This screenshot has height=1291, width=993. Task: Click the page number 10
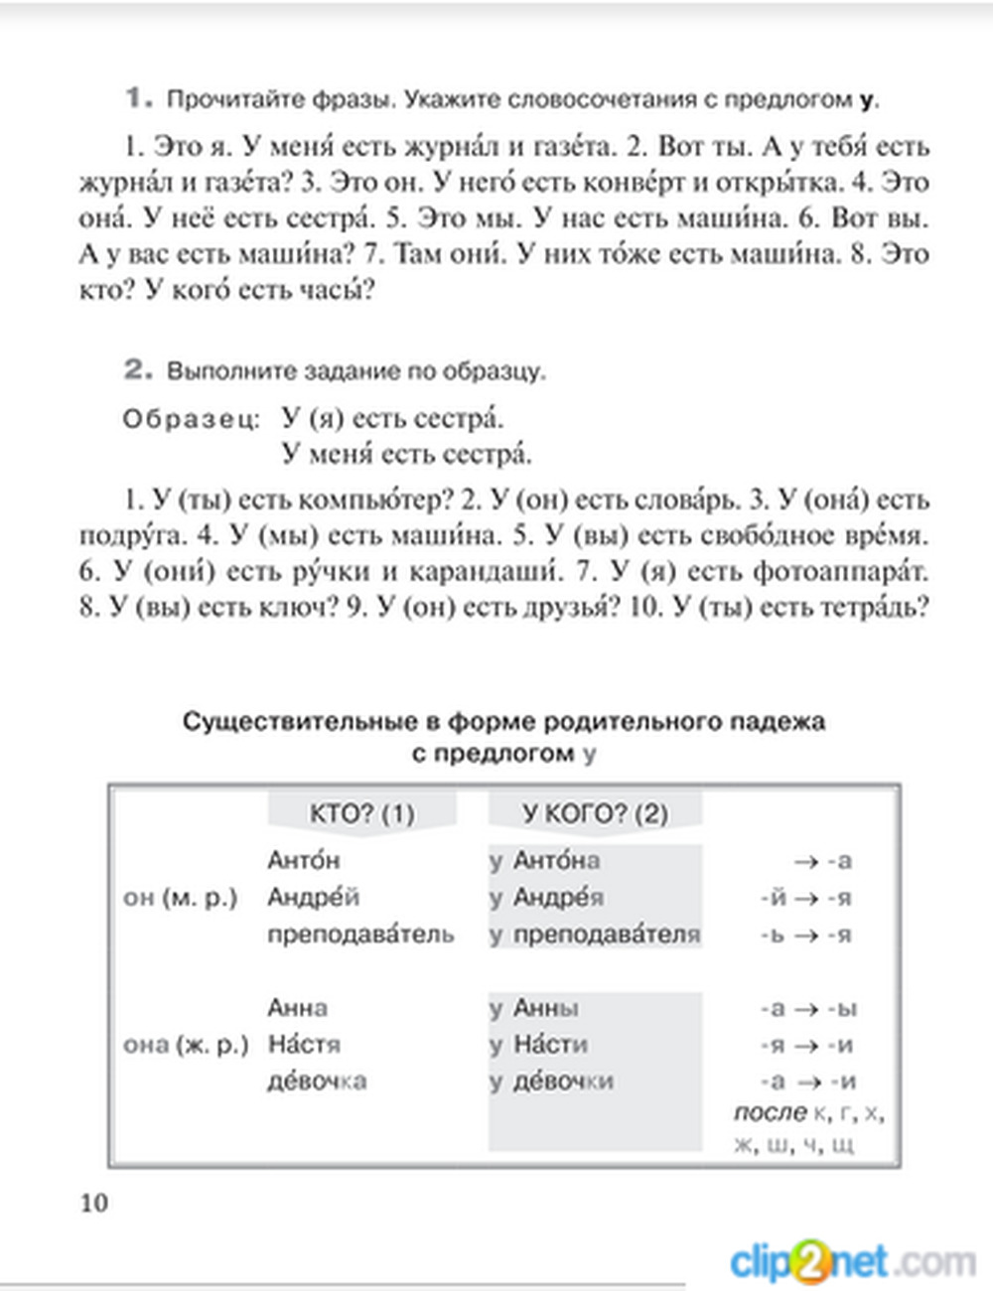pyautogui.click(x=93, y=1203)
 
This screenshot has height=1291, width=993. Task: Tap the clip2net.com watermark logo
pyautogui.click(x=852, y=1262)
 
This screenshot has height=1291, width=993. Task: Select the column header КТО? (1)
pyautogui.click(x=361, y=814)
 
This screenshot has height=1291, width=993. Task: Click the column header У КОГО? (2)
pyautogui.click(x=595, y=814)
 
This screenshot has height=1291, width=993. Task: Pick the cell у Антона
pyautogui.click(x=545, y=861)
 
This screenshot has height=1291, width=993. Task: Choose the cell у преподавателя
pyautogui.click(x=595, y=934)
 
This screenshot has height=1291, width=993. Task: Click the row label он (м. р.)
pyautogui.click(x=180, y=898)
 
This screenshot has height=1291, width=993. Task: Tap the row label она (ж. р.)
pyautogui.click(x=185, y=1045)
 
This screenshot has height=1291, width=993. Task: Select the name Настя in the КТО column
pyautogui.click(x=304, y=1045)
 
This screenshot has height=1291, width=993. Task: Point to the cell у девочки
pyautogui.click(x=551, y=1081)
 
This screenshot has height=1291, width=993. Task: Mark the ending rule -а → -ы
pyautogui.click(x=807, y=1009)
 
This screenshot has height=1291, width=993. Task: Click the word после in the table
pyautogui.click(x=770, y=1113)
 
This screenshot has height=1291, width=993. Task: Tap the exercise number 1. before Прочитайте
pyautogui.click(x=139, y=98)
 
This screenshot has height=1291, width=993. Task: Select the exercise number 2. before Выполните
pyautogui.click(x=139, y=370)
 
